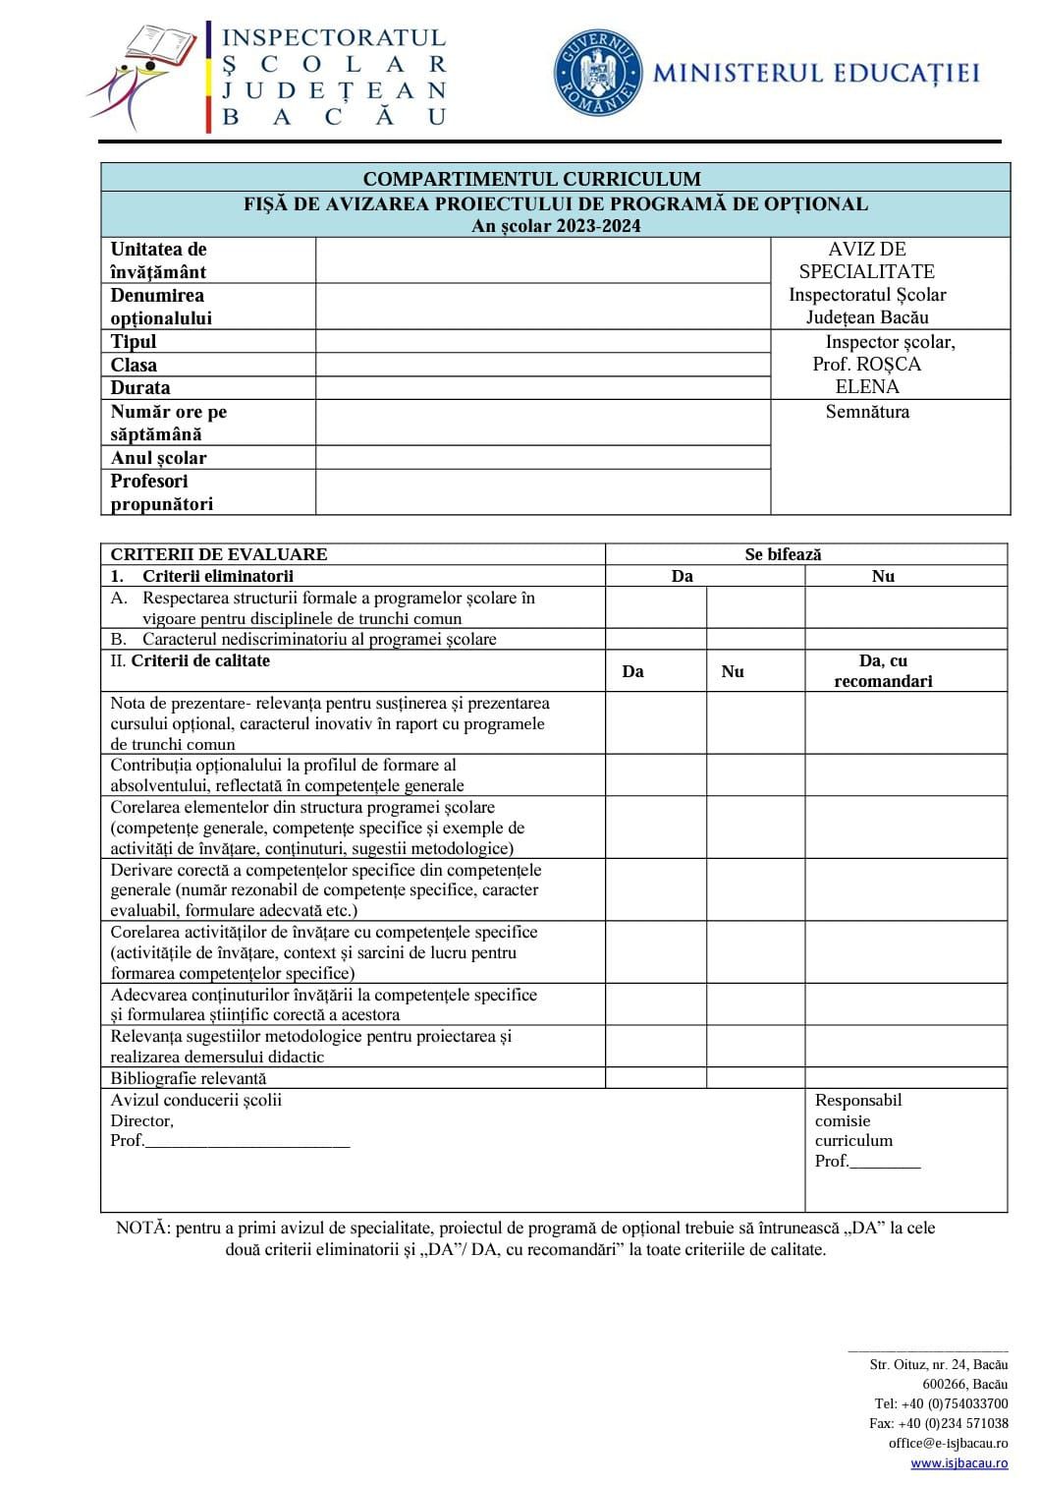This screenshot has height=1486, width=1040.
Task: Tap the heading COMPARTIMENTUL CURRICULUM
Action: (x=531, y=179)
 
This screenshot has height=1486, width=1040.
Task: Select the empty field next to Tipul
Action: (x=542, y=341)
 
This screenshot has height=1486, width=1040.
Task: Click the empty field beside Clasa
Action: (x=542, y=365)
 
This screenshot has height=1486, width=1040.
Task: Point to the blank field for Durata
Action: (x=542, y=387)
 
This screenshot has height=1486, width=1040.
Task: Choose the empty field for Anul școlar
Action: (x=542, y=458)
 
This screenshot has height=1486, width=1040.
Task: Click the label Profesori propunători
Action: (x=162, y=492)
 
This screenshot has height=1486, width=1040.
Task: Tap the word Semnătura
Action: (x=867, y=412)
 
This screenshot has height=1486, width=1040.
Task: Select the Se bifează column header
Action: (x=783, y=554)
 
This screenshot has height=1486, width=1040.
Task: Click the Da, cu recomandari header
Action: (x=882, y=671)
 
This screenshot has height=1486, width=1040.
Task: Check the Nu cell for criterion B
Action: (x=905, y=639)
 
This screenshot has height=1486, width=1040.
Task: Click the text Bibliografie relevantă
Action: (x=189, y=1078)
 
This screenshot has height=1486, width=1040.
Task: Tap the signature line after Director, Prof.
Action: (x=246, y=1141)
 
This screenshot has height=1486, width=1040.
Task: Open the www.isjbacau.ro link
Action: (x=958, y=1463)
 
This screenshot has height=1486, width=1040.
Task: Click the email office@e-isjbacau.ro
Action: (x=948, y=1443)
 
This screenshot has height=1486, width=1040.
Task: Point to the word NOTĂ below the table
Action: (x=142, y=1228)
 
